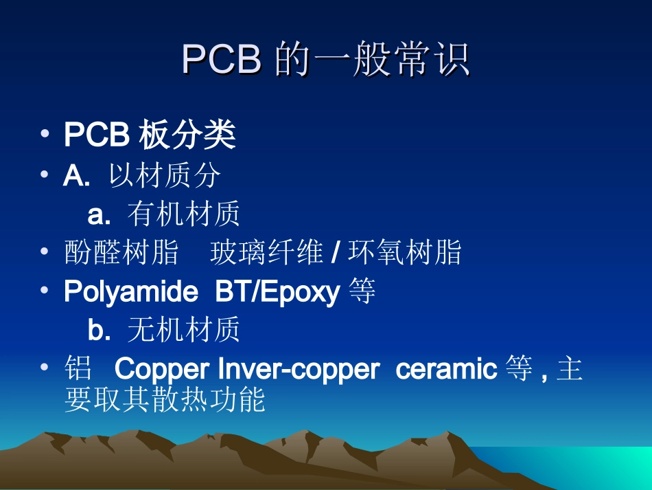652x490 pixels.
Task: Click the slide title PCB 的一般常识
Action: click(326, 60)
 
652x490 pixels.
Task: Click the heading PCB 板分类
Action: click(150, 135)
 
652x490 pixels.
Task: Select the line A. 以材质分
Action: click(142, 176)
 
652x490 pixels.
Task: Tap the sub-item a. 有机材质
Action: click(164, 215)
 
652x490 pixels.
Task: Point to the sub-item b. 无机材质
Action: click(164, 331)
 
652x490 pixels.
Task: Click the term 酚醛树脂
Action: click(121, 254)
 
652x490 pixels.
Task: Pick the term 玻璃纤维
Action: click(266, 254)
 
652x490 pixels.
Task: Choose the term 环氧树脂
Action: click(405, 254)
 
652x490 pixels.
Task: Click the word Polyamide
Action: click(131, 293)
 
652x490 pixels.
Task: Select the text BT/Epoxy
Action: click(277, 293)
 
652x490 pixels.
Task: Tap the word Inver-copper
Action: click(298, 370)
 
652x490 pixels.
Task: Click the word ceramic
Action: click(446, 370)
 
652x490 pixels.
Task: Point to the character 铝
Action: click(78, 370)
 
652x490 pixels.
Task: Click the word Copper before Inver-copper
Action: click(162, 370)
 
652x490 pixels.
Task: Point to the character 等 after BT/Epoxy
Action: click(362, 293)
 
